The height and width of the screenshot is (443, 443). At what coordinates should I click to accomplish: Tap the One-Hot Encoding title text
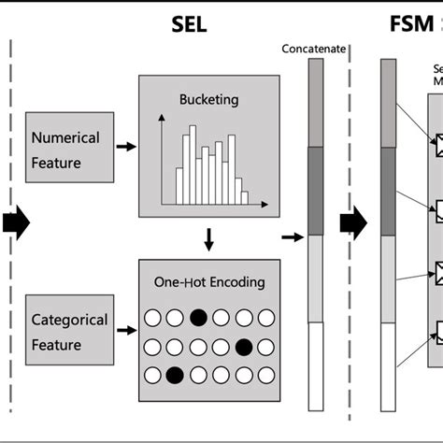point(207,282)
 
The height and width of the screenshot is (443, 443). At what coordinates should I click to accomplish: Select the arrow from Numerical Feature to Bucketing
point(124,147)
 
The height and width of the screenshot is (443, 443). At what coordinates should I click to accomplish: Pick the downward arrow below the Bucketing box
point(208,240)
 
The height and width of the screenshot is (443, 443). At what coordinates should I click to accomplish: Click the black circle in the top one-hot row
point(198,317)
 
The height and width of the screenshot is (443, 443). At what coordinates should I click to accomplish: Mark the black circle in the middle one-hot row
point(243,347)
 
